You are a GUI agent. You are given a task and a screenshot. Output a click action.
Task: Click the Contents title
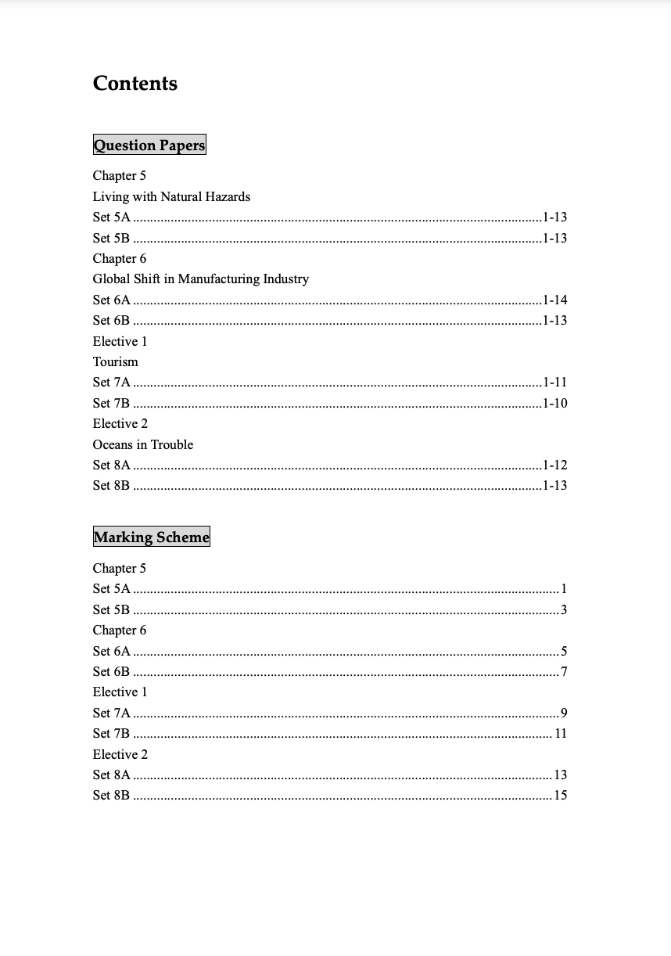point(135,84)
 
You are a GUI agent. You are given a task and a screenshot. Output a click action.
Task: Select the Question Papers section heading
point(149,145)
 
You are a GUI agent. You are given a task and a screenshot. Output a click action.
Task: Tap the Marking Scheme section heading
point(152,537)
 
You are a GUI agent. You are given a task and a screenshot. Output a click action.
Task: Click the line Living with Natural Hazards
point(171,196)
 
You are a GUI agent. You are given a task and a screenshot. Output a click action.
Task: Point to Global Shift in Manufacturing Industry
point(201,279)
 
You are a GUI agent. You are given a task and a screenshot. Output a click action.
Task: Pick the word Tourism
point(115,361)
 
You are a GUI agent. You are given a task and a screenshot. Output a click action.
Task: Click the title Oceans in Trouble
point(143,444)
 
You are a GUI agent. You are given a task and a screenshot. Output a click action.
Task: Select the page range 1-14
point(554,300)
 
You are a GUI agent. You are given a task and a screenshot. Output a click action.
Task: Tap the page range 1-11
point(554,382)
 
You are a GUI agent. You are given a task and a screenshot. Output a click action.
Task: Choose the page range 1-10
point(554,403)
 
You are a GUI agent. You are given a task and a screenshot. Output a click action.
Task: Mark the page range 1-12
point(554,465)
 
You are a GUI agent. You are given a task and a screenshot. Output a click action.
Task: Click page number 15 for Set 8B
point(560,795)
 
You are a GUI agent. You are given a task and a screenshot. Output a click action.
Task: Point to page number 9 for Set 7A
point(564,713)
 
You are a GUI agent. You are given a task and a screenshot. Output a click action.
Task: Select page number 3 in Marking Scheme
point(564,609)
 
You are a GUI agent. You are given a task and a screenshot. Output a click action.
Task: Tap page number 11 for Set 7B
point(560,733)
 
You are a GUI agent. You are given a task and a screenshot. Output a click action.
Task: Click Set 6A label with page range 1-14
point(112,300)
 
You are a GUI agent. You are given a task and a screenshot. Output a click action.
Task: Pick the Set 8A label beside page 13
point(112,775)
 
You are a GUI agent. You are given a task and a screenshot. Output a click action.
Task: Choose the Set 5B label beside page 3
point(111,609)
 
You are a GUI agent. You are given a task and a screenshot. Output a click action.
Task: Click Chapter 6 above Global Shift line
point(120,258)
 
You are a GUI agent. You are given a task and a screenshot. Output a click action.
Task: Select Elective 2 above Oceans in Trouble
point(120,423)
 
